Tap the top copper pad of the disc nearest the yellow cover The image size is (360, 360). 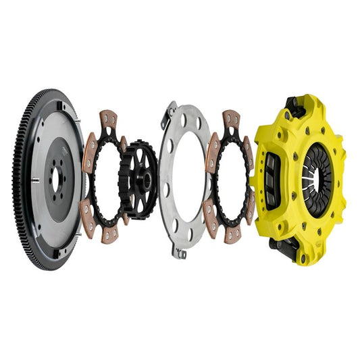pos(231,120)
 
